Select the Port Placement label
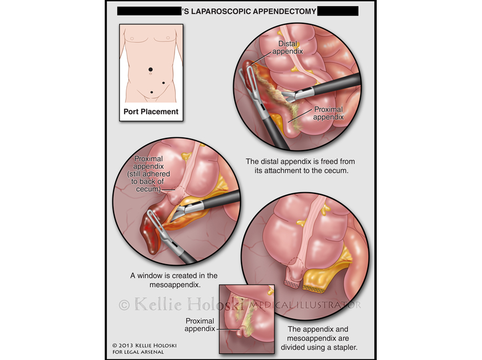coord(151,111)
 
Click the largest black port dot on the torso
coord(150,69)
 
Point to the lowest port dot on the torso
coord(151,92)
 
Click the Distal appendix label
coord(288,48)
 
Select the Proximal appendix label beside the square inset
coord(200,325)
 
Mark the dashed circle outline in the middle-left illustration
coord(178,194)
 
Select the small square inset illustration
coord(247,318)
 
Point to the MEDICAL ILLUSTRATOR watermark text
coord(305,305)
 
